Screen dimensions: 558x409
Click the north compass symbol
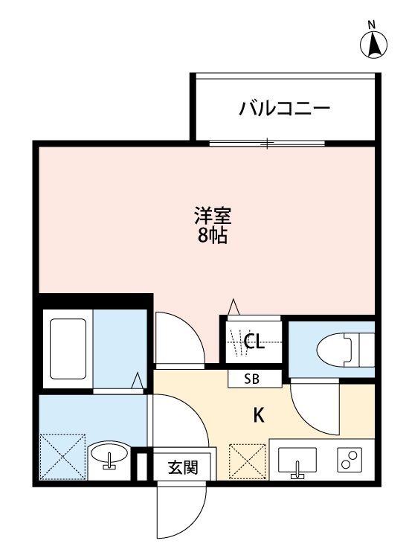pyautogui.click(x=374, y=45)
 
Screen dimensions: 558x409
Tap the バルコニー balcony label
pyautogui.click(x=284, y=109)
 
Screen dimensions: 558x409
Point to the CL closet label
pyautogui.click(x=254, y=342)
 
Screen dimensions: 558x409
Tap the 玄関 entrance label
pyautogui.click(x=182, y=468)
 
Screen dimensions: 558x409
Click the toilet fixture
pyautogui.click(x=344, y=348)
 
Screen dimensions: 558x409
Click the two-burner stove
pyautogui.click(x=349, y=461)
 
